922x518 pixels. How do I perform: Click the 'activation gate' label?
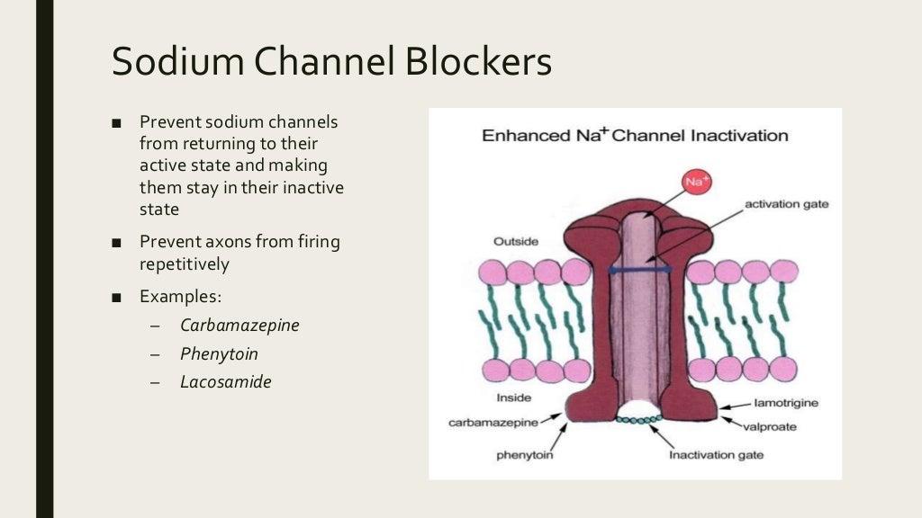pos(786,204)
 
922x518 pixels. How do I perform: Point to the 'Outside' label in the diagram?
pos(516,242)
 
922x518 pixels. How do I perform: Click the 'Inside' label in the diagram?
pos(514,397)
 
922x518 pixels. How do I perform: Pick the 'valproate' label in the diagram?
pos(770,426)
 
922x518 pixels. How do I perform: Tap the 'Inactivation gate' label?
pos(716,454)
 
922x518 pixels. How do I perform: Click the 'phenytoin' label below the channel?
pos(524,454)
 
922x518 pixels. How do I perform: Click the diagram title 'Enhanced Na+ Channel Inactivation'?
pos(635,136)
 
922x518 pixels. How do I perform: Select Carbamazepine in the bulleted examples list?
pos(240,325)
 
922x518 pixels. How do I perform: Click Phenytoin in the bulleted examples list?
pos(219,353)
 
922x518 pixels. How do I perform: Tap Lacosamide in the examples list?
pos(225,381)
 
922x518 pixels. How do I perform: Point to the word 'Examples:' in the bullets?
pos(180,296)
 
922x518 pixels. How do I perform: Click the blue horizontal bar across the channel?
pos(640,269)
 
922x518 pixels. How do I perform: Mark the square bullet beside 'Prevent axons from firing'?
pos(117,243)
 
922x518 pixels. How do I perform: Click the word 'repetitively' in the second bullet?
pos(185,264)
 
